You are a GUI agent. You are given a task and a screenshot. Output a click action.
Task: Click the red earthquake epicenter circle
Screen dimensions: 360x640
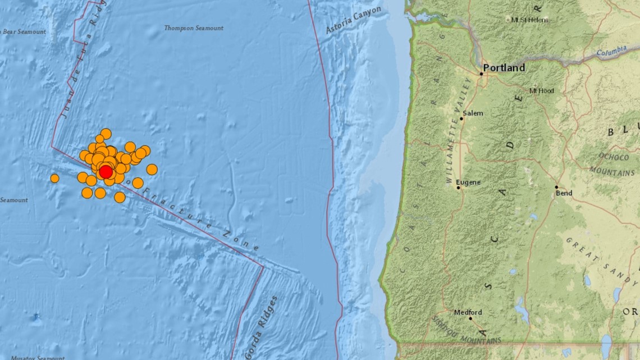[106, 171]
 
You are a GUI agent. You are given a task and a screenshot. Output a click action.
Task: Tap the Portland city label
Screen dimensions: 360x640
[504, 68]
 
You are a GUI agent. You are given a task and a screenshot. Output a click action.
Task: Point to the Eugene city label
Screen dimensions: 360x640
[468, 183]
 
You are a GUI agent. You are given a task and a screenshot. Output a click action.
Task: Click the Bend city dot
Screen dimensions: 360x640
[556, 187]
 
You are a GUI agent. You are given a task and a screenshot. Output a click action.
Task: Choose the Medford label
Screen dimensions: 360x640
[468, 312]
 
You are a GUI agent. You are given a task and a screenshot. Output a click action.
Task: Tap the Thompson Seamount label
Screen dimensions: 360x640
[194, 28]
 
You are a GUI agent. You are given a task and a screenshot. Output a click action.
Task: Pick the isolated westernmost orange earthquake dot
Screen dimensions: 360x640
[54, 178]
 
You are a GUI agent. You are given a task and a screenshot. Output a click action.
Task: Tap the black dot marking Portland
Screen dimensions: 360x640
[481, 74]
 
